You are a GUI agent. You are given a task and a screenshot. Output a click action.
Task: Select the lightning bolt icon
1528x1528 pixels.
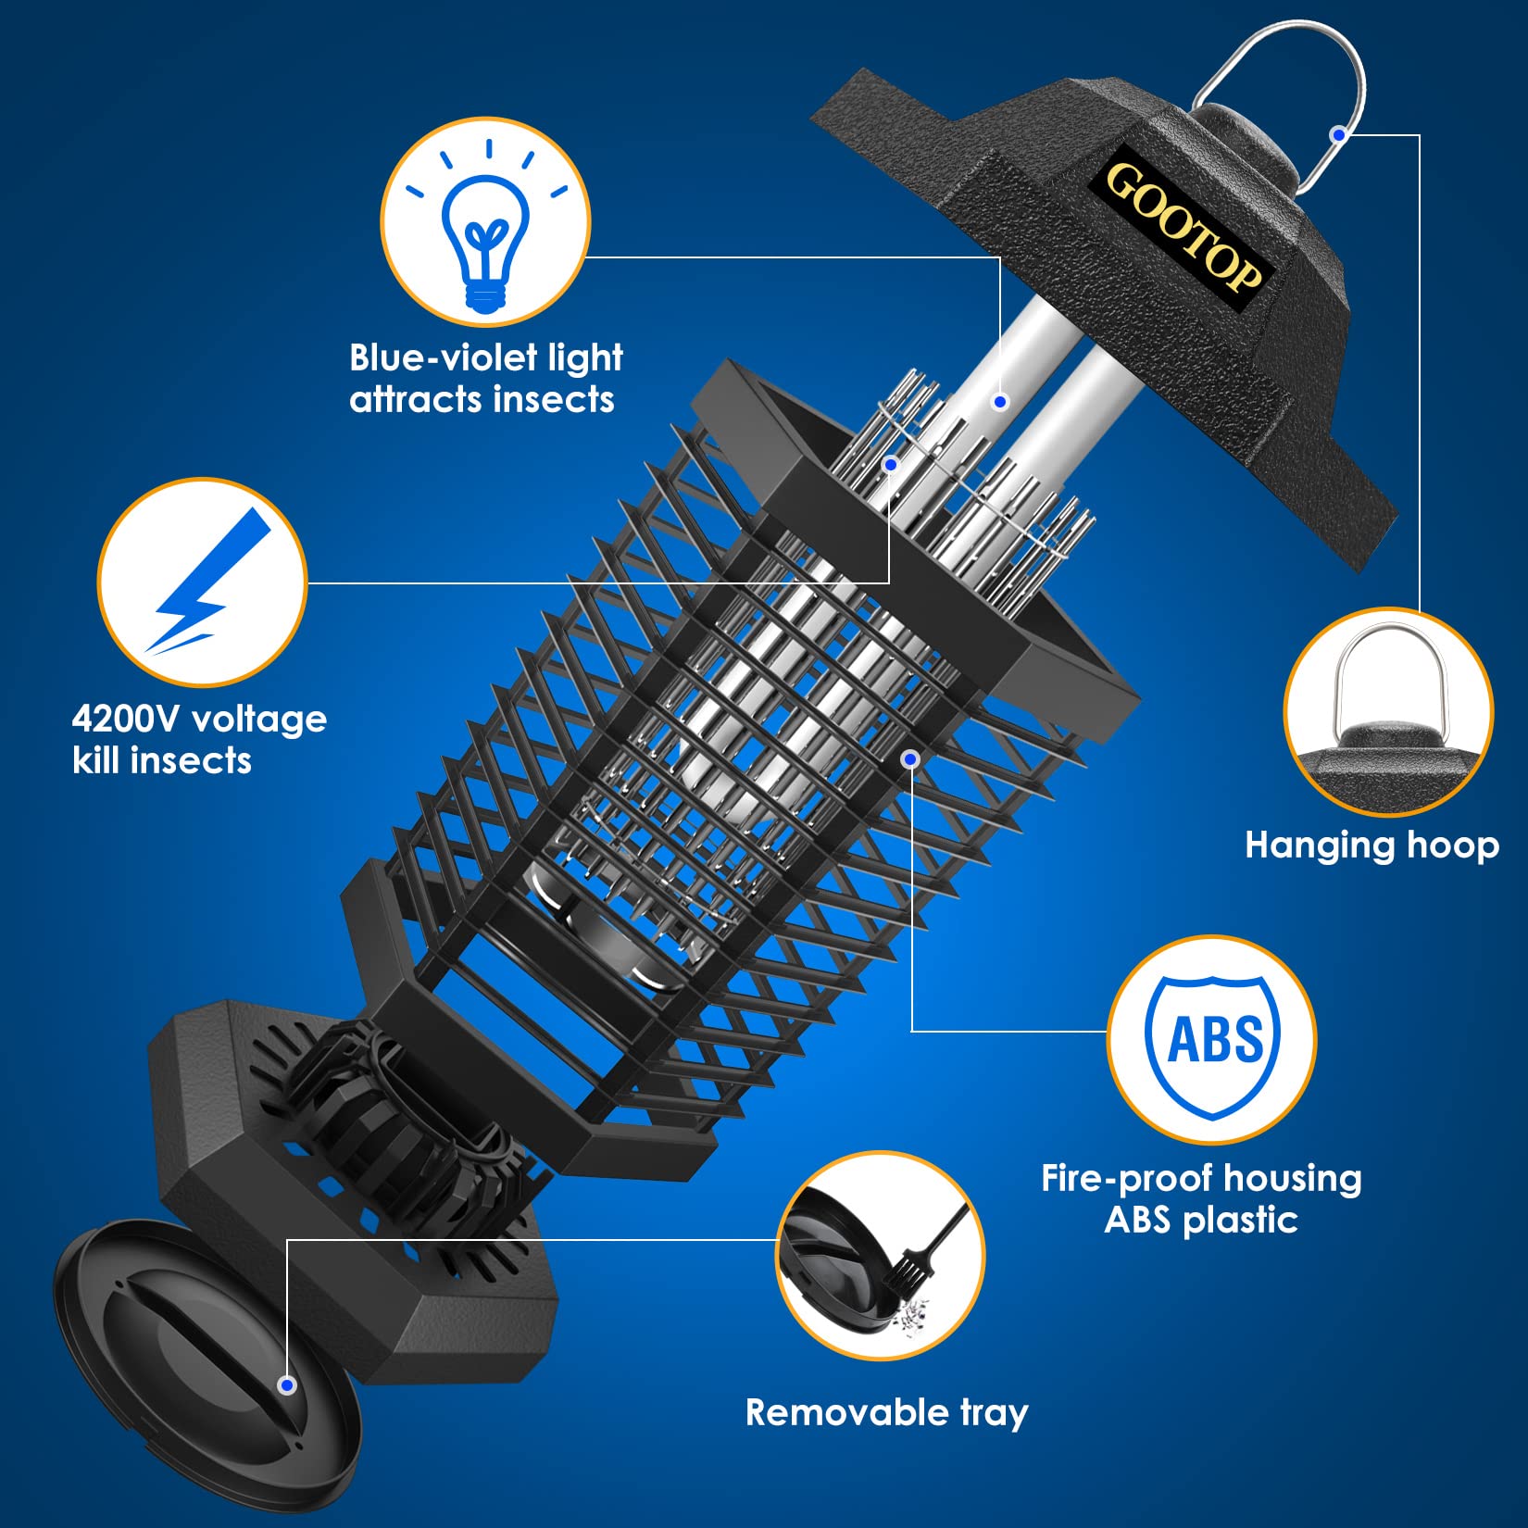203,582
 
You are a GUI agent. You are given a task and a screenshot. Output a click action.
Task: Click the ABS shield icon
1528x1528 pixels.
1211,1040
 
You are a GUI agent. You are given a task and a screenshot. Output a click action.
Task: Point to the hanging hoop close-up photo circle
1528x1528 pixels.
1388,712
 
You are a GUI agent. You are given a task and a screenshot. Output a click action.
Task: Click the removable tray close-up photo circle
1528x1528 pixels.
880,1256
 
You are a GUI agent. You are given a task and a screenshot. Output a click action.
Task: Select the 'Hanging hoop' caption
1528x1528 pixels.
1371,845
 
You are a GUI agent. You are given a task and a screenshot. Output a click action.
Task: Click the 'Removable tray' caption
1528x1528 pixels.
886,1412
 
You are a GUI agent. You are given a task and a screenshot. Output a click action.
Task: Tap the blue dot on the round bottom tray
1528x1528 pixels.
287,1385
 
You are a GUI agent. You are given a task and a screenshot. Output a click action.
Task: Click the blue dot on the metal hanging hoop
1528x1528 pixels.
1337,135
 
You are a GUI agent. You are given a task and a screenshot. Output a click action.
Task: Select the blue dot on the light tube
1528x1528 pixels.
999,402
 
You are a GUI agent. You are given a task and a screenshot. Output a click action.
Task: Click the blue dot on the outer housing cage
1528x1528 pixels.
910,759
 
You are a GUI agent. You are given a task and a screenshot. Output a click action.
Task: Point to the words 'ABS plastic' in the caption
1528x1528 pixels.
1200,1220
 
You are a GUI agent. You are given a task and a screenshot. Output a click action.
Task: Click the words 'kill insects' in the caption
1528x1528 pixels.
162,760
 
